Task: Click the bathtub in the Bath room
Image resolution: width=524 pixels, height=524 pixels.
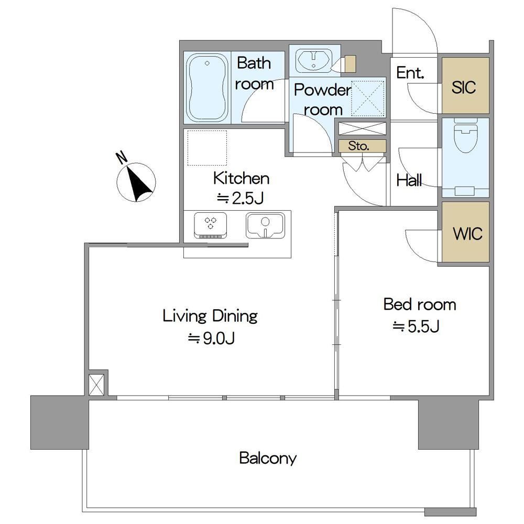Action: [207, 88]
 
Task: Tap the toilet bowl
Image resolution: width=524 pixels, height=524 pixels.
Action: [466, 135]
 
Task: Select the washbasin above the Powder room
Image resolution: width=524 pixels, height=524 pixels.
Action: [314, 60]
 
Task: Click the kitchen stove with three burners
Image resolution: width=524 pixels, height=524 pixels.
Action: [211, 225]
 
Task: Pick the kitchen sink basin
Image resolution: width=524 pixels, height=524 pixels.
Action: [265, 225]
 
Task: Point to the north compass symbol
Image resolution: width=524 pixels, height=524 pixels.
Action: [136, 182]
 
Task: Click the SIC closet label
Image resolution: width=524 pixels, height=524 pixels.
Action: [464, 87]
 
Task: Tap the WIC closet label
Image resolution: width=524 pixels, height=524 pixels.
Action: [467, 233]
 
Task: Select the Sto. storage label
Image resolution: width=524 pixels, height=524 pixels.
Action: [358, 146]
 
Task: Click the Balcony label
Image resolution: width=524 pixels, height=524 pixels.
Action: [268, 458]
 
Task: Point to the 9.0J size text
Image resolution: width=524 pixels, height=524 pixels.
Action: [211, 339]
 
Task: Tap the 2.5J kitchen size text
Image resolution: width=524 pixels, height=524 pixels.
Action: [241, 199]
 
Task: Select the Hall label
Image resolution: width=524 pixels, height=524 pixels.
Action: [409, 180]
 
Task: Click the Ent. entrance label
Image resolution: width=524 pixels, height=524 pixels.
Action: [410, 72]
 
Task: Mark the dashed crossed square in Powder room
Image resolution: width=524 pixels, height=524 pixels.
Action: [368, 99]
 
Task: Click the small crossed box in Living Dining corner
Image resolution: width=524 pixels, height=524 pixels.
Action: [96, 385]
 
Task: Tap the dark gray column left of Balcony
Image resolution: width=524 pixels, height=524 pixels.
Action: [60, 422]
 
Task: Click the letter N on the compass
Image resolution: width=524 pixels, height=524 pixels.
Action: [122, 158]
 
